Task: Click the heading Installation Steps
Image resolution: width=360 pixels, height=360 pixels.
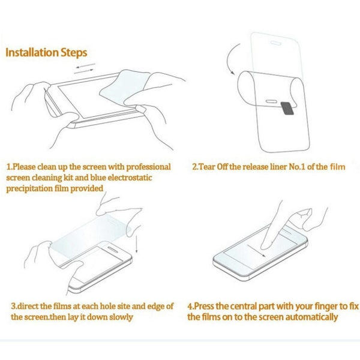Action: tap(46, 52)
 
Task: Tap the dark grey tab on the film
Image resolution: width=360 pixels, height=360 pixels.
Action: tap(288, 108)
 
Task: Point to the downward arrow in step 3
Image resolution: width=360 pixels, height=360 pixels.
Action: tap(136, 243)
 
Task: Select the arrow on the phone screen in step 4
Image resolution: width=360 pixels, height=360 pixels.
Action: tap(256, 251)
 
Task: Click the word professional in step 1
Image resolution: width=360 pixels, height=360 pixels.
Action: tap(149, 167)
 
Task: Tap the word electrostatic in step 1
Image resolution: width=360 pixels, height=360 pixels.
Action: tap(130, 178)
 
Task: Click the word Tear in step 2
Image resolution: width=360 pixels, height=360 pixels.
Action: tap(206, 167)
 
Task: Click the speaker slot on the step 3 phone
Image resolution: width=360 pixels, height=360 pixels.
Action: tap(113, 250)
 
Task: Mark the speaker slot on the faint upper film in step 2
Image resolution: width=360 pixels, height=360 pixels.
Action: tap(276, 43)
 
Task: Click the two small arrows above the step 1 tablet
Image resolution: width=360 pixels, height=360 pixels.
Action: tap(85, 68)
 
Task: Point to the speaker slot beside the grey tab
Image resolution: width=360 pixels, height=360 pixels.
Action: tap(271, 101)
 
